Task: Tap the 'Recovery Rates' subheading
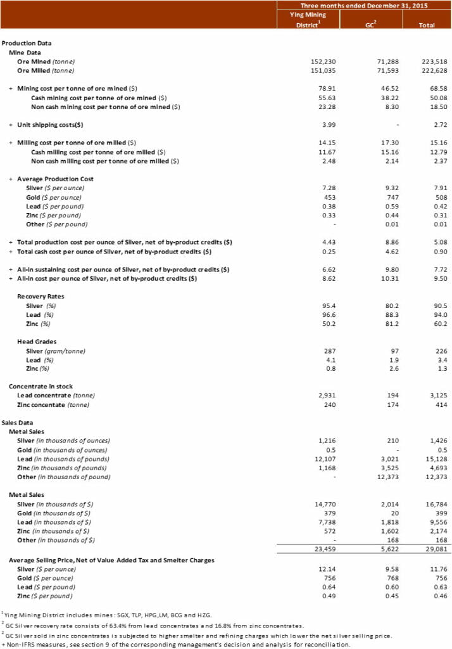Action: click(x=41, y=296)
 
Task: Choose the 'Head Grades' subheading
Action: click(x=37, y=341)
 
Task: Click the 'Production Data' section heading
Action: click(x=27, y=43)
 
